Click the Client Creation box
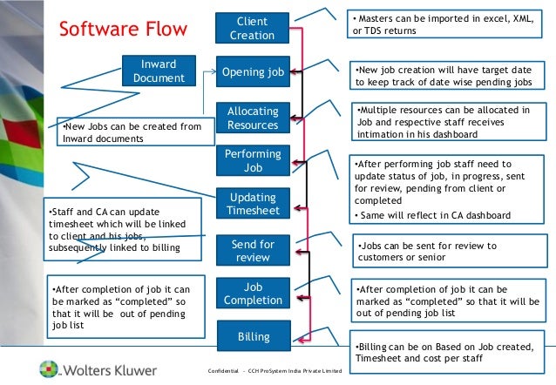(252, 28)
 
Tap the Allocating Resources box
(252, 118)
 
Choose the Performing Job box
(252, 160)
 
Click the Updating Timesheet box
(252, 205)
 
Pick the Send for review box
(252, 251)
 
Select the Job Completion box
(252, 294)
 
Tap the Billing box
(252, 335)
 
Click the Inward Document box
(159, 71)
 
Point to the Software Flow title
(122, 30)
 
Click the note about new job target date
(448, 75)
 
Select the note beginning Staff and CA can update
(121, 229)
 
